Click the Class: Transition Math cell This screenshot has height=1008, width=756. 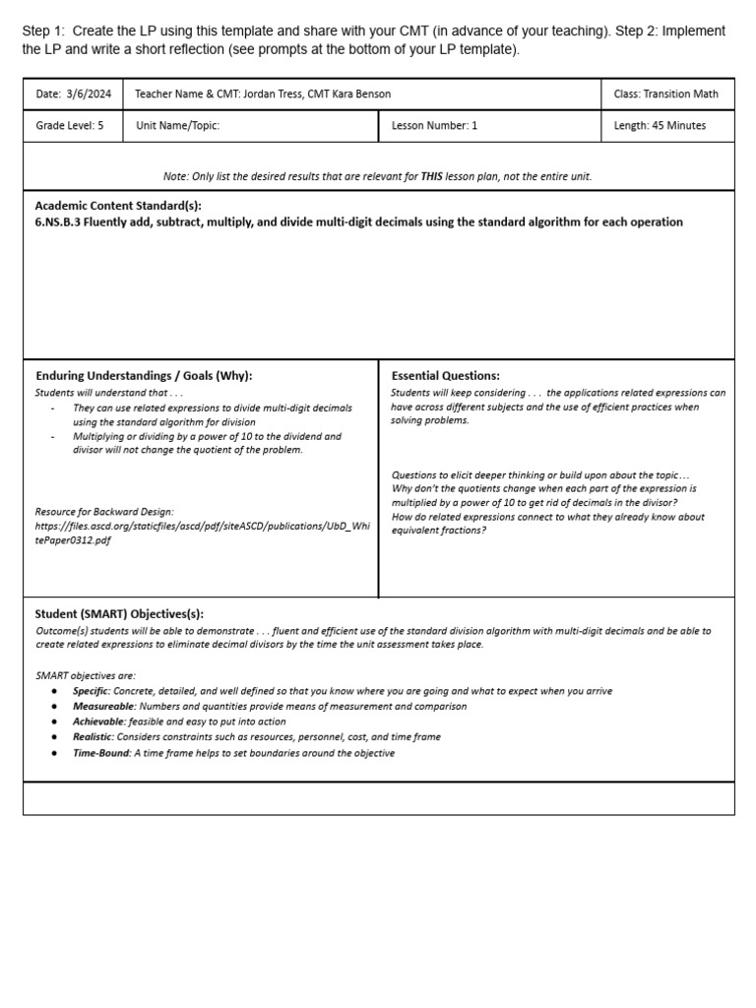[665, 94]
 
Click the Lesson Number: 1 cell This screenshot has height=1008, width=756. [434, 126]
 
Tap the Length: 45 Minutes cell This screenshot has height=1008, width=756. [660, 126]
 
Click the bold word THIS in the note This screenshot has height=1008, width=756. [431, 176]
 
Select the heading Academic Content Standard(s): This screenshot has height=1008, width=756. [118, 206]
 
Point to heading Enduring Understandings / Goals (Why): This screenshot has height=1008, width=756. [144, 376]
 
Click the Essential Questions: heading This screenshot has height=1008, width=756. [445, 376]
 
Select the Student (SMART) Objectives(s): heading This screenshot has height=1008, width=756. [119, 613]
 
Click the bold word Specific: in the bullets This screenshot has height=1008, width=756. [92, 691]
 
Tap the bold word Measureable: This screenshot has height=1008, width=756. [104, 707]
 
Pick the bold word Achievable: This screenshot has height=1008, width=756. [98, 722]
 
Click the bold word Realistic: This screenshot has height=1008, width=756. [94, 737]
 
